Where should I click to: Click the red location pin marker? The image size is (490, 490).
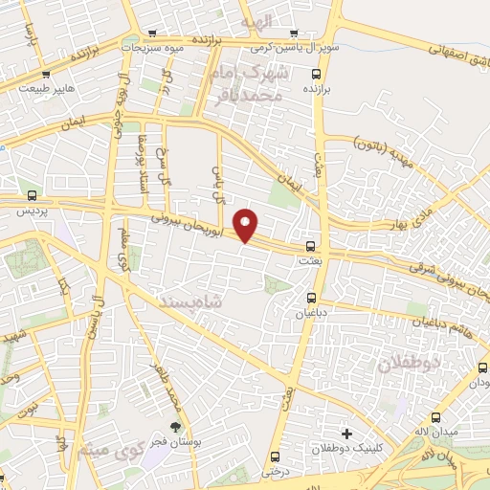(x=247, y=225)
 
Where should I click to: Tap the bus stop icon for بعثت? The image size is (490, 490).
(x=307, y=247)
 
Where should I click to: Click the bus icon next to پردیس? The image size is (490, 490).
(x=33, y=194)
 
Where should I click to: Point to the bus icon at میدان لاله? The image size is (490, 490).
(x=437, y=418)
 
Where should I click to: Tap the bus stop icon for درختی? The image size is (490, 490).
(x=275, y=457)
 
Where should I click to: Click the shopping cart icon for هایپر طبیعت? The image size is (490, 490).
(x=46, y=74)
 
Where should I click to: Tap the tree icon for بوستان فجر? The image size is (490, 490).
(x=175, y=427)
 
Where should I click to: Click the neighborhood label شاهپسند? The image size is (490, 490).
(x=200, y=301)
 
